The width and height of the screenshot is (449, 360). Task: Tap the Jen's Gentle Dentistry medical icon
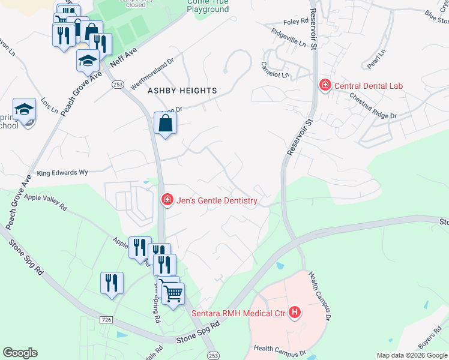[x=168, y=200]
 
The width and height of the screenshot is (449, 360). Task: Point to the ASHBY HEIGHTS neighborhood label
[x=182, y=90]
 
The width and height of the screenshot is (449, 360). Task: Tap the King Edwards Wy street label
[x=62, y=172]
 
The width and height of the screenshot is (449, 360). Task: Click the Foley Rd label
[x=296, y=22]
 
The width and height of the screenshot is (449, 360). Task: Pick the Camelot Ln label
[x=275, y=69]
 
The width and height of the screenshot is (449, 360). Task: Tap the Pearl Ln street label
[x=376, y=61]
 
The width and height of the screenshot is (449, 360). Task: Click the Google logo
[x=20, y=353]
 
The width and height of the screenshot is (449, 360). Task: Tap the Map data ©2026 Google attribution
[x=411, y=355]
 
